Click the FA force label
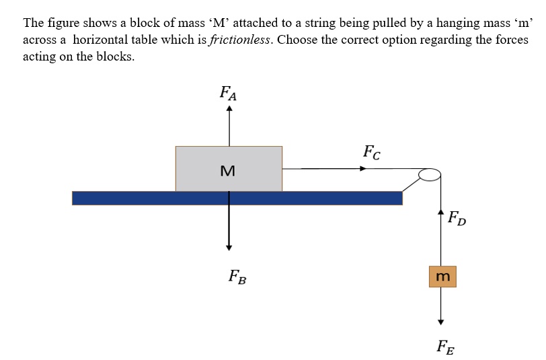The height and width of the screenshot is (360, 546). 228,92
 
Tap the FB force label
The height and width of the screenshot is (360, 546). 236,276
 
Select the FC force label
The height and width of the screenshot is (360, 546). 371,152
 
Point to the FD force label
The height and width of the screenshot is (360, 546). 457,219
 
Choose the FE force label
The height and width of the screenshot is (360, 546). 444,347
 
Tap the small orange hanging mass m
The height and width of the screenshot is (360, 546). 442,277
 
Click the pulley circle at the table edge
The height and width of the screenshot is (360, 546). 429,176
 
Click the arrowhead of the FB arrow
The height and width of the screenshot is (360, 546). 229,246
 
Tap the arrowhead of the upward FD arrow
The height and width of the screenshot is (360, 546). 441,214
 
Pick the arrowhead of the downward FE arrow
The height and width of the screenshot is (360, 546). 441,320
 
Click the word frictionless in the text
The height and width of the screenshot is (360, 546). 241,40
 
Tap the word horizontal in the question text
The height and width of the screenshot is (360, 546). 104,40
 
